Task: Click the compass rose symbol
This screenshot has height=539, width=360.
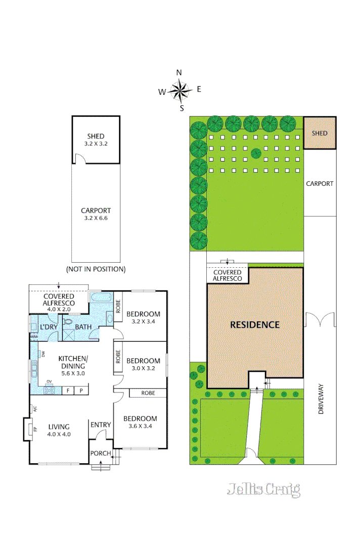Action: point(179,91)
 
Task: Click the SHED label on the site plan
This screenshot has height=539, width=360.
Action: point(320,133)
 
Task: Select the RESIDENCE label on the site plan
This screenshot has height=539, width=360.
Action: point(255,325)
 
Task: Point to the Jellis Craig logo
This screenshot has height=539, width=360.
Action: point(263,489)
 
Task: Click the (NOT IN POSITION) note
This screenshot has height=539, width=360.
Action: point(96,269)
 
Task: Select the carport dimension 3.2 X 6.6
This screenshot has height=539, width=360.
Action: point(96,219)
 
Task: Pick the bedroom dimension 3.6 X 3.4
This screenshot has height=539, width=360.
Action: point(140,426)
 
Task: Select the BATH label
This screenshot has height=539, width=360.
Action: point(83,327)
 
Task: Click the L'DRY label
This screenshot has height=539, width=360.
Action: point(49,327)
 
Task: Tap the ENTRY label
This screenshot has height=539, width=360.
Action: point(100,425)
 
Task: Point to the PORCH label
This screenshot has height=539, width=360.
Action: point(100,453)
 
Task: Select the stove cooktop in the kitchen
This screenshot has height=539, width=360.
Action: point(50,390)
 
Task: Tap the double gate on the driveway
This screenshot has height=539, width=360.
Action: point(320,320)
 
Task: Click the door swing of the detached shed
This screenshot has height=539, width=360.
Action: point(79,159)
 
